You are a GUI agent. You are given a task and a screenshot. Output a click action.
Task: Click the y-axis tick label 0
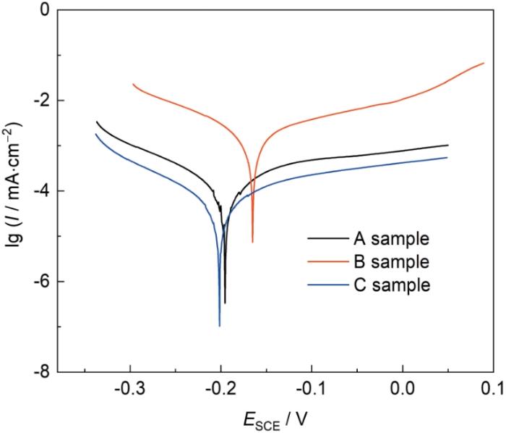coord(44,10)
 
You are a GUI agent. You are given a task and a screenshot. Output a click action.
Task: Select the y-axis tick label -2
coord(41,101)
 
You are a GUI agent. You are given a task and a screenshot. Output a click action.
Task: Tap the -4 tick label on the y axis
coord(41,191)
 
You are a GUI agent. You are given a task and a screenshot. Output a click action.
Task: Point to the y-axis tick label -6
coord(41,282)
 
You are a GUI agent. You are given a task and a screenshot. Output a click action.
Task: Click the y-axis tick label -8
coord(41,371)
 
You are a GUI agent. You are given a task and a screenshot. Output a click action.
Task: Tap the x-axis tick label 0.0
coord(402,390)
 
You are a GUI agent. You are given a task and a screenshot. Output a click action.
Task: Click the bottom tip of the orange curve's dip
coord(252,242)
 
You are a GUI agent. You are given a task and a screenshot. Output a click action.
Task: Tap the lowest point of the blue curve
coord(220,326)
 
